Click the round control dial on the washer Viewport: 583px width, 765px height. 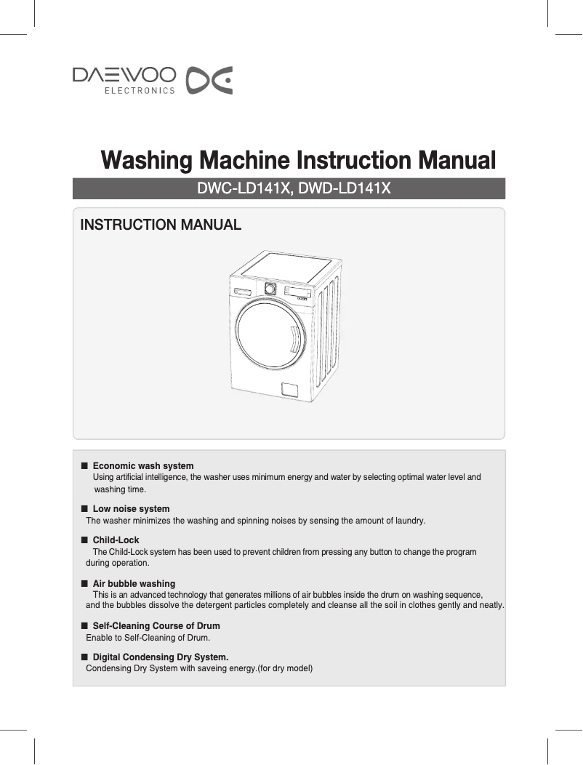click(x=270, y=288)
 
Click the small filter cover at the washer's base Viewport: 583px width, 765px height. click(x=289, y=389)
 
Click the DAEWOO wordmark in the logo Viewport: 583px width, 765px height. click(x=124, y=75)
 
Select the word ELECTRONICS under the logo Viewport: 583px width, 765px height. click(x=140, y=91)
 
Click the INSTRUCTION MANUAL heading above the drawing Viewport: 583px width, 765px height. click(x=160, y=225)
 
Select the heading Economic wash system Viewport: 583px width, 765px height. click(x=143, y=465)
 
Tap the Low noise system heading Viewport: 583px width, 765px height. click(x=131, y=508)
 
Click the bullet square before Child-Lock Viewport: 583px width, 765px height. click(x=84, y=540)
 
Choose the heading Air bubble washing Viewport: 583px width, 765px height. click(x=134, y=583)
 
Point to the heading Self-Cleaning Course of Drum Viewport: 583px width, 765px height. click(x=156, y=625)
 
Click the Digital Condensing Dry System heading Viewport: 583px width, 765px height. click(x=161, y=657)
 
